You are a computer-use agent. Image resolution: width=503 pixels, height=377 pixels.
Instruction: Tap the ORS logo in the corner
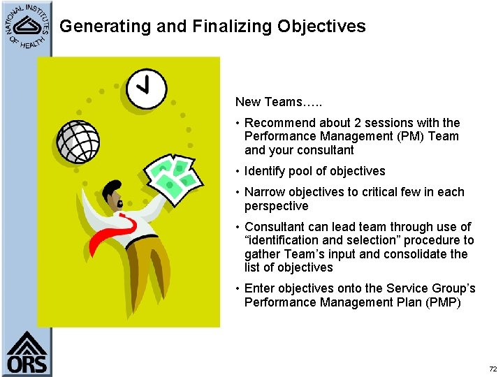click(x=27, y=353)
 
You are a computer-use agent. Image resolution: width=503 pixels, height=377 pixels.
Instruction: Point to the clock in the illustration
click(x=145, y=88)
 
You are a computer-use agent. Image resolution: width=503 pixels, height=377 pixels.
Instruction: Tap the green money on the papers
click(x=173, y=176)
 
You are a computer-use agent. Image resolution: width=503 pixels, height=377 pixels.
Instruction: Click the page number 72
click(x=493, y=367)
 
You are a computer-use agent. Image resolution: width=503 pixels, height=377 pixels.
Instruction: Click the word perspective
click(x=276, y=206)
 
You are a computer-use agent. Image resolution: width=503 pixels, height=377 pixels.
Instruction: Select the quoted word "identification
click(x=285, y=240)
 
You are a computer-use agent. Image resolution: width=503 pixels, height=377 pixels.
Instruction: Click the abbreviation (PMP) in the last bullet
click(x=442, y=302)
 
